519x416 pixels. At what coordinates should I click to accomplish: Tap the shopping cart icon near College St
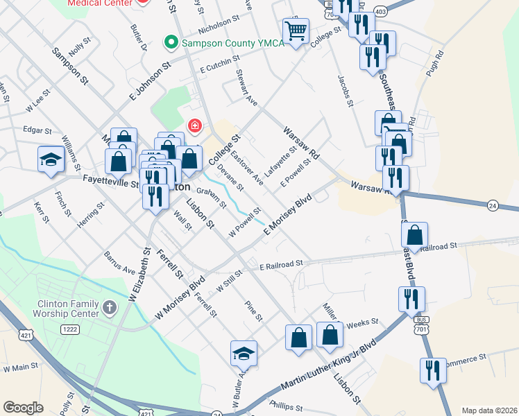[296, 31]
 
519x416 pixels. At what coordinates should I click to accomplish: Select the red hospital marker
[195, 125]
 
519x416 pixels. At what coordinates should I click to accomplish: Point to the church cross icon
[110, 306]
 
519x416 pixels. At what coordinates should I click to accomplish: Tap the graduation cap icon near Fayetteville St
[51, 159]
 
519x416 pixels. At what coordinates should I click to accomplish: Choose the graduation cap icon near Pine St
[244, 353]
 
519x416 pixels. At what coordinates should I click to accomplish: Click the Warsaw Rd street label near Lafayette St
[300, 143]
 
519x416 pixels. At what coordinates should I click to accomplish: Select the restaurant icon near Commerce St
[433, 370]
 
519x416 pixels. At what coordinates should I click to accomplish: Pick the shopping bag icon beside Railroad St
[414, 236]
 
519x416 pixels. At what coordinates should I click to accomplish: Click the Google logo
[24, 408]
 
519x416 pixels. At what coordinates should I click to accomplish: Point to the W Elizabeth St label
[137, 275]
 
